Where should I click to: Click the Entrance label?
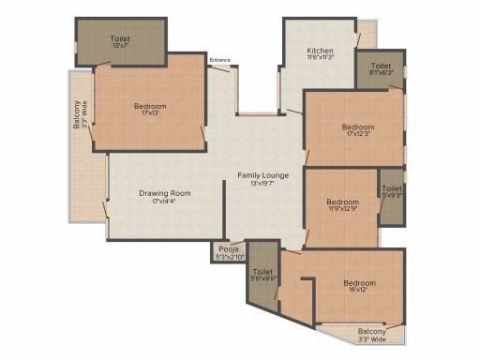[220, 61]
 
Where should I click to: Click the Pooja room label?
[226, 249]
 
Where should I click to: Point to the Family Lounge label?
[262, 175]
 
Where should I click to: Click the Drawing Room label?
[158, 193]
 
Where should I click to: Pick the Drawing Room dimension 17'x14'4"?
[158, 202]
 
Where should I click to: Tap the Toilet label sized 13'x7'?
[120, 39]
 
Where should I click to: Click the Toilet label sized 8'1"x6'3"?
[381, 66]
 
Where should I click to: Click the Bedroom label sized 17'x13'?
[148, 106]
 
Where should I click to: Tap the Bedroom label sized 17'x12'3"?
[358, 127]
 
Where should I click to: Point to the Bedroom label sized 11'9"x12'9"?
[342, 202]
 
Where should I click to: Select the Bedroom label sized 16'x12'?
[359, 283]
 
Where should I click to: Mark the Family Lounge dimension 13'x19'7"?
[262, 184]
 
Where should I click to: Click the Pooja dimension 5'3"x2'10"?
[226, 257]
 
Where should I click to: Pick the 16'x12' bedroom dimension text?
[359, 291]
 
